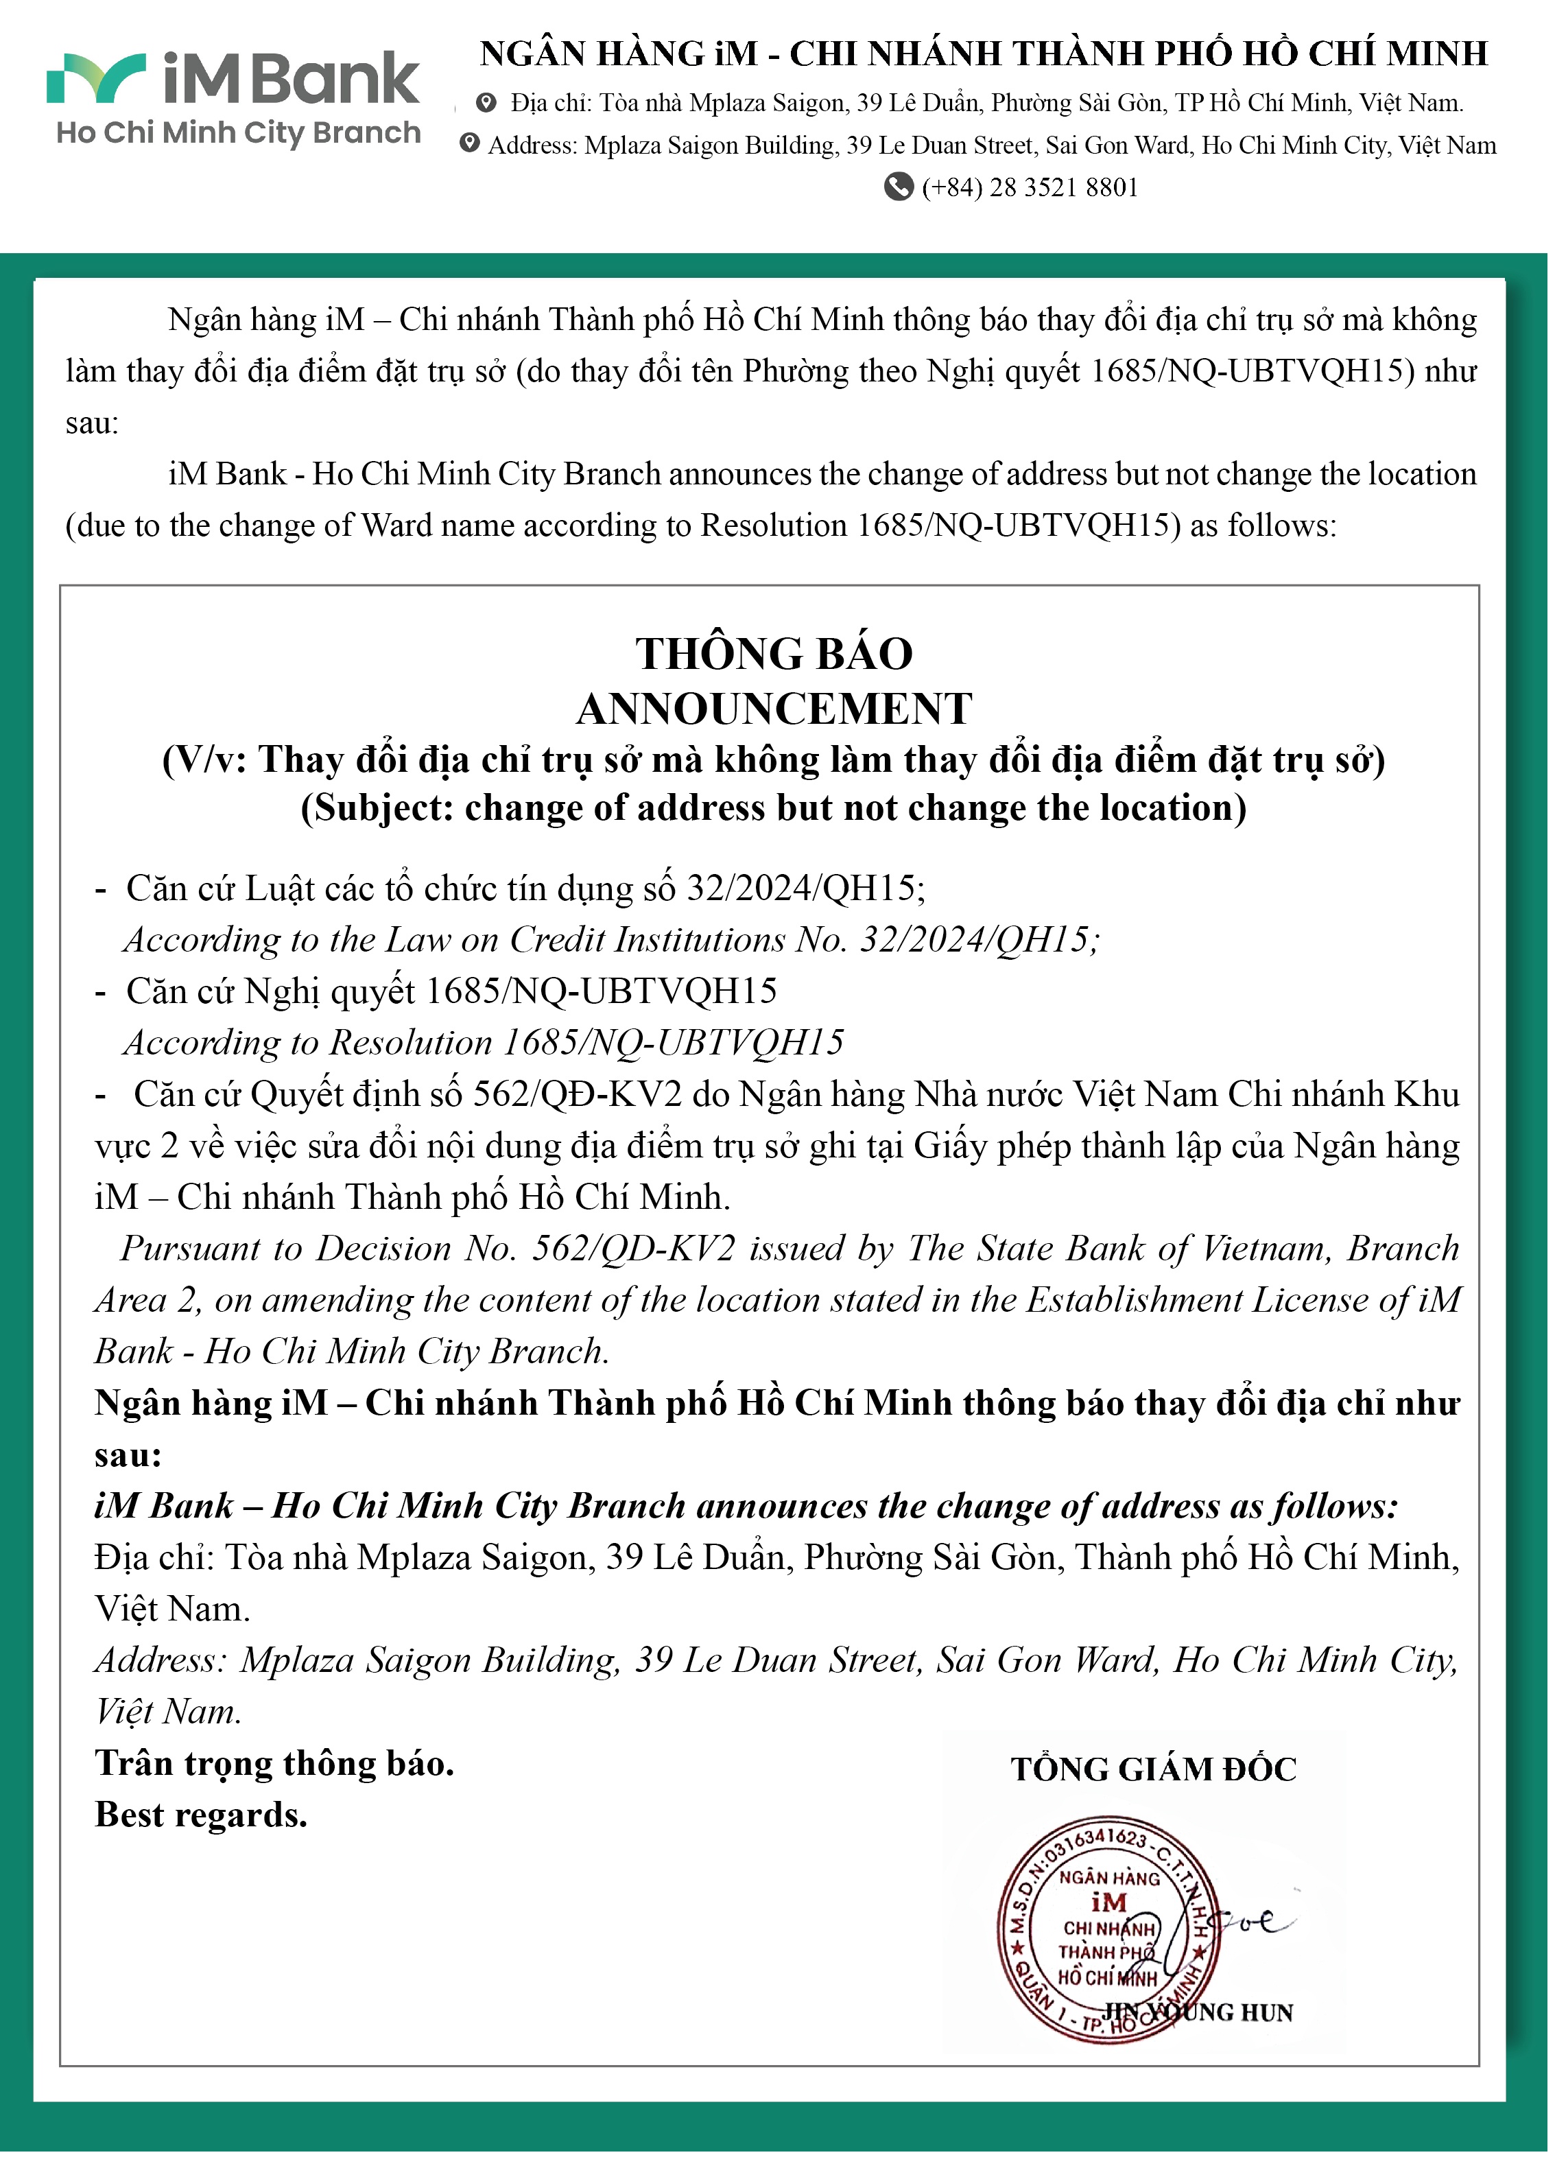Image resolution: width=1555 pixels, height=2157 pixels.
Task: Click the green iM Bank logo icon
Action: click(95, 78)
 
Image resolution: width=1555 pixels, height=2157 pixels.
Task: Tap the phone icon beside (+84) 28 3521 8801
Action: click(898, 187)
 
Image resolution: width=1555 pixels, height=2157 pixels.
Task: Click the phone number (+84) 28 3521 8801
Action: click(1030, 187)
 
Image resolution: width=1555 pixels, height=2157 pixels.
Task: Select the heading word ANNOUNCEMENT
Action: click(774, 709)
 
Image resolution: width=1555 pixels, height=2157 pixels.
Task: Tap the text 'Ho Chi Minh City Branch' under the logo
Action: click(238, 133)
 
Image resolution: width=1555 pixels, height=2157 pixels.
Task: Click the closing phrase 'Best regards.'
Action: click(201, 1815)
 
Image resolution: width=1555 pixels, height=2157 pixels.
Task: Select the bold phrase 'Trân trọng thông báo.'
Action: click(274, 1764)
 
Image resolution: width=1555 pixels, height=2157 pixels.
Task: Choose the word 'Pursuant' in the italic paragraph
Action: click(189, 1249)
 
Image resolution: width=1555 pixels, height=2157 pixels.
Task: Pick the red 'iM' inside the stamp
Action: click(1109, 1902)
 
